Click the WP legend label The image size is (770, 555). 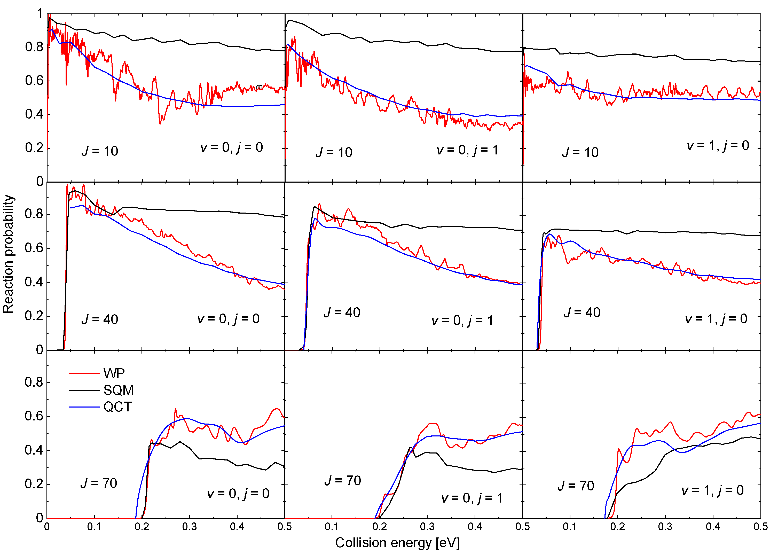(114, 373)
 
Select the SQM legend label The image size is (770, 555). (119, 390)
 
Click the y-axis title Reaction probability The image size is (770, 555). (8, 254)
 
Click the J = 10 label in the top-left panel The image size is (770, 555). (100, 151)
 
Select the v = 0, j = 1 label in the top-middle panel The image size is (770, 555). (467, 150)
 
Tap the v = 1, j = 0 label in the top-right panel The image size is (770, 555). (718, 145)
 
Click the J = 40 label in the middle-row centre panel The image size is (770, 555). (342, 312)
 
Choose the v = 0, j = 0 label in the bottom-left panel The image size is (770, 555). (238, 494)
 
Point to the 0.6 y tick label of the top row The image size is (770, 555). (34, 81)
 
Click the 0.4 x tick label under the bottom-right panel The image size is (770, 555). (713, 527)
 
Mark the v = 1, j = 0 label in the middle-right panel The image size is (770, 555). (716, 319)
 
